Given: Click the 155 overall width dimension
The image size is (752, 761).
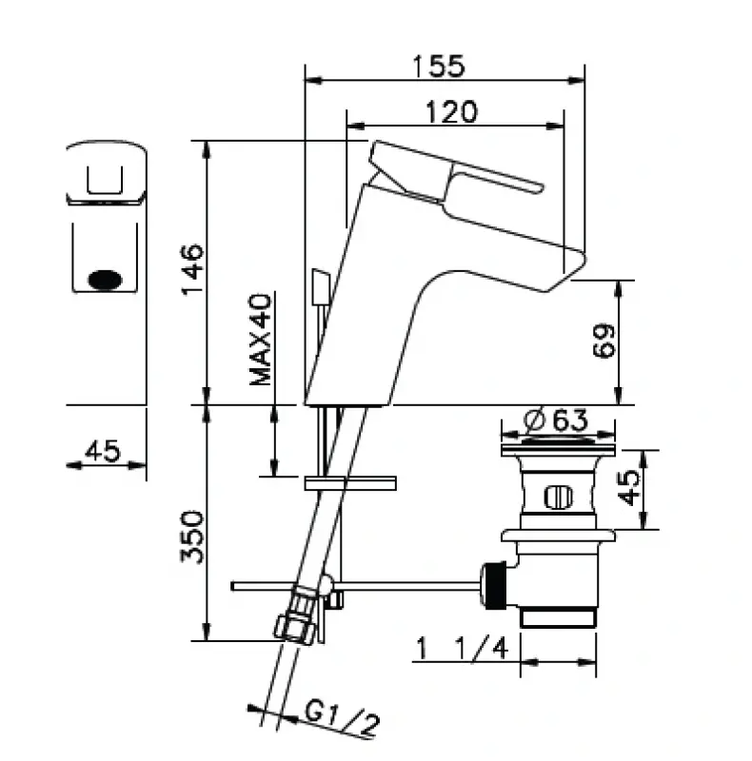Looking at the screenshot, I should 439,67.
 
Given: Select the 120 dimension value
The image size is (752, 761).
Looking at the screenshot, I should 451,112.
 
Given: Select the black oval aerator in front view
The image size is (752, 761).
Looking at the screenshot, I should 106,280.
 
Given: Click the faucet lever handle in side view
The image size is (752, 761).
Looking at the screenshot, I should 457,171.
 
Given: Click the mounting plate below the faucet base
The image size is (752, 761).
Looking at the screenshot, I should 348,483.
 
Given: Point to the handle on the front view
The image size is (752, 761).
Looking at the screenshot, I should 106,172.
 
